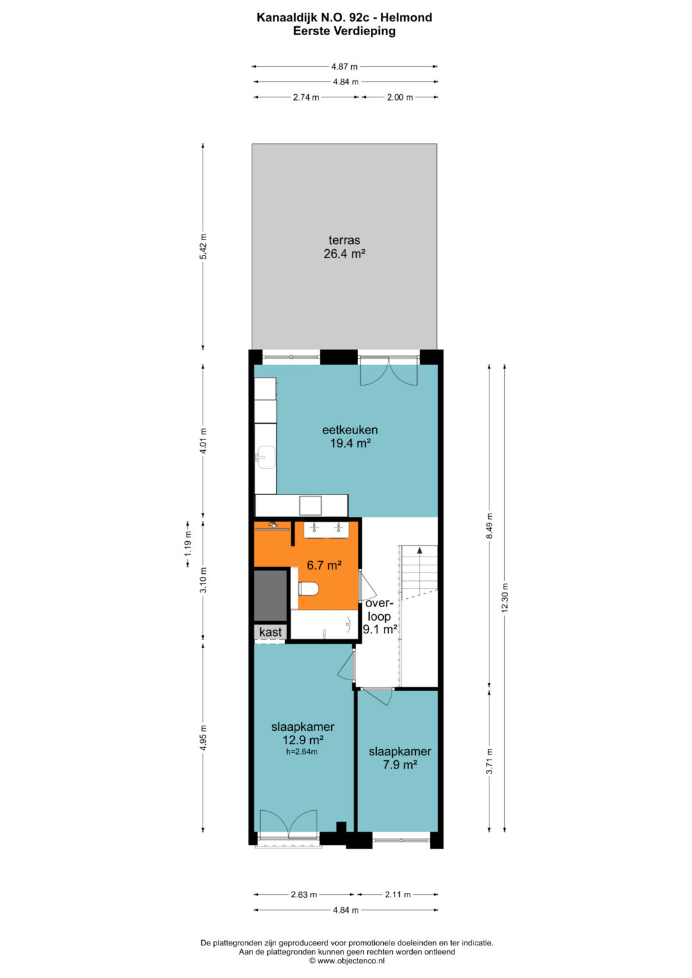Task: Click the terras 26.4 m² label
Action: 344,247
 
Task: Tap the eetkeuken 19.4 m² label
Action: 350,436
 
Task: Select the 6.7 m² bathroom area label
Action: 324,565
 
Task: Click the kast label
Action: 270,632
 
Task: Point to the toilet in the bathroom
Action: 308,589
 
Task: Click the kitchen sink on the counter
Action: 265,457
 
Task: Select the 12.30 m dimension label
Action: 505,598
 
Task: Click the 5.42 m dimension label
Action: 203,247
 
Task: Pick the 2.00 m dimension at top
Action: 400,97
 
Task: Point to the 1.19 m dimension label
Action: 188,544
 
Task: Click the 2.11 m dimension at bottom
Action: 397,895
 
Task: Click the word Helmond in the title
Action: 406,17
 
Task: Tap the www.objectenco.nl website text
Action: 351,961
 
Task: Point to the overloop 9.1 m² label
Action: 380,616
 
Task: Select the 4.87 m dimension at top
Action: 344,67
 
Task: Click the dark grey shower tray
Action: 270,594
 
